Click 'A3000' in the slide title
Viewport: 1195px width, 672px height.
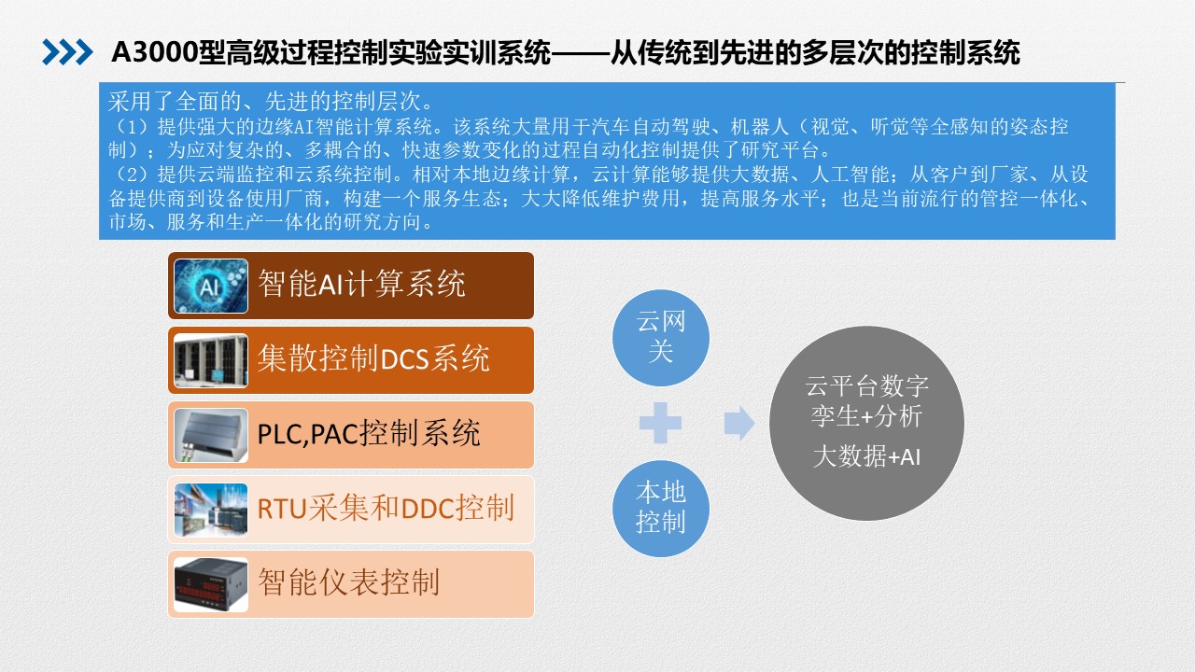tap(154, 52)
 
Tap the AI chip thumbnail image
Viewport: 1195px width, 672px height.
tap(211, 286)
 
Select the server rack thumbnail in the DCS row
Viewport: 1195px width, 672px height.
tap(211, 360)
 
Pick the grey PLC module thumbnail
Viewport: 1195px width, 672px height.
tap(211, 435)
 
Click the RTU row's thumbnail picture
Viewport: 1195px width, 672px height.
tap(211, 510)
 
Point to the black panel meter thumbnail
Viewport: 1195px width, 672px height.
tap(211, 584)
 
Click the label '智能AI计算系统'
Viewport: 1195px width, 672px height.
tap(361, 283)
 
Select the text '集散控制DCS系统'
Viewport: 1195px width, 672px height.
tap(373, 357)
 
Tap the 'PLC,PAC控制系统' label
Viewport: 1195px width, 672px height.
tap(369, 432)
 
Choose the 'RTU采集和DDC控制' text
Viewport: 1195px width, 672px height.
tap(386, 507)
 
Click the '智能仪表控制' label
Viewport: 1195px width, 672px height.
tap(349, 581)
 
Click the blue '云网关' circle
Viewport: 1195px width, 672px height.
tap(660, 338)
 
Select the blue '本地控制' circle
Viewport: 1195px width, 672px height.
tap(660, 509)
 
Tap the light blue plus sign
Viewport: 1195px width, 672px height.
tap(660, 423)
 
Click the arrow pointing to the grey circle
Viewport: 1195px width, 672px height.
tap(739, 424)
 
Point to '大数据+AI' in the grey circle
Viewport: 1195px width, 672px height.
tap(866, 457)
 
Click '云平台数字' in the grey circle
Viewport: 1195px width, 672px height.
tap(866, 385)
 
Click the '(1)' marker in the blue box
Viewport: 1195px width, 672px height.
tap(130, 127)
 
